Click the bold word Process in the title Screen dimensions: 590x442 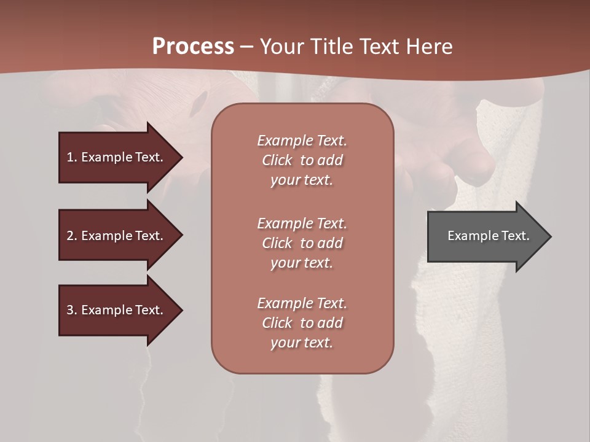[193, 47]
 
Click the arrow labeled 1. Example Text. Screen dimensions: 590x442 [117, 157]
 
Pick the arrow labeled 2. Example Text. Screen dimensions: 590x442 [117, 236]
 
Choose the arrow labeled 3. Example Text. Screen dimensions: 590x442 [117, 310]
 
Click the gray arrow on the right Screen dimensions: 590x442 [486, 236]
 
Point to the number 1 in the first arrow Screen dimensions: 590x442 [69, 157]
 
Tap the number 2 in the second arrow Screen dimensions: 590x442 [69, 236]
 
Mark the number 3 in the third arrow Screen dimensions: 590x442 [69, 310]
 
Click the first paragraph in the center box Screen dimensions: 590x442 [302, 160]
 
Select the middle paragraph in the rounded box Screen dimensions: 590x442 [302, 243]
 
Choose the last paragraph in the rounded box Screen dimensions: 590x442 [302, 323]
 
